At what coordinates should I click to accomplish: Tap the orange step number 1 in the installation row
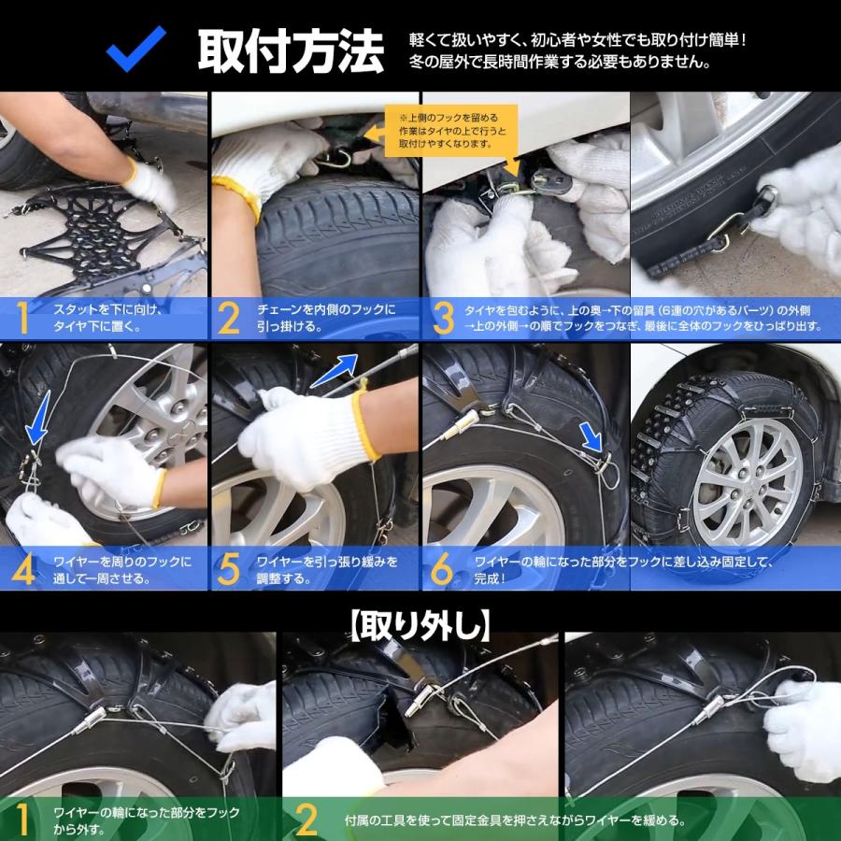20,319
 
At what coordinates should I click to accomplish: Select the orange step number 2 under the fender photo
229,319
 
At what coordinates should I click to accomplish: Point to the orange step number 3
442,319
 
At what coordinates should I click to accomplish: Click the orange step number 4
21,568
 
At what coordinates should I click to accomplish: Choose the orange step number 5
229,568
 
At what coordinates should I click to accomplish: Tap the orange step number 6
442,568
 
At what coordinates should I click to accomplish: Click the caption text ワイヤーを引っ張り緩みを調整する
327,569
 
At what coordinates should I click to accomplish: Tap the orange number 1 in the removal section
20,819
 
